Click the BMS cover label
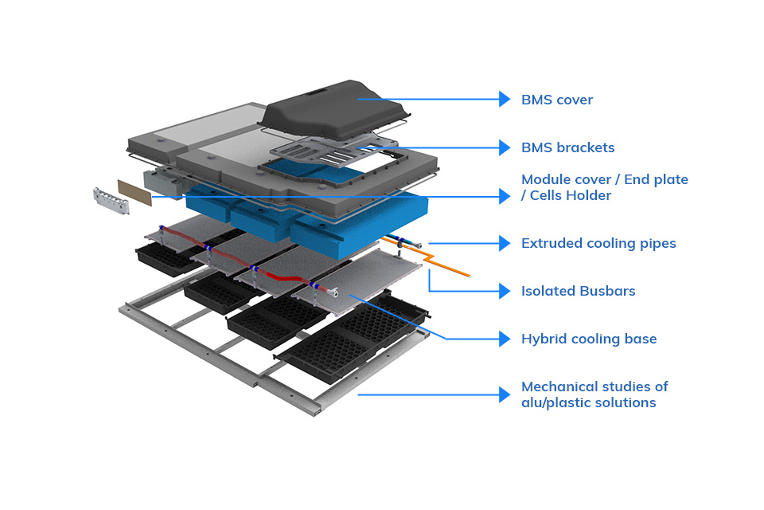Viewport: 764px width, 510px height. coord(557,100)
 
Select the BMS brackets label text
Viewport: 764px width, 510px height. coord(567,147)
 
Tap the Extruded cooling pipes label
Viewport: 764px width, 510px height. coord(598,243)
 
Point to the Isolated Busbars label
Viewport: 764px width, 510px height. coord(578,291)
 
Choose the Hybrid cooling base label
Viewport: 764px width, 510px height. coord(589,339)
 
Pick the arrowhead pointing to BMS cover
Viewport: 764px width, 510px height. coord(505,99)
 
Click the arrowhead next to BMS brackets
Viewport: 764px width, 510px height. coord(505,147)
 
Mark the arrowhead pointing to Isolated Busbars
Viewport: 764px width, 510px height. coord(505,291)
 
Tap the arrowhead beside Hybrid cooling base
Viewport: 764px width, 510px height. coord(505,339)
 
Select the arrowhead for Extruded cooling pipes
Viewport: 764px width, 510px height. coord(505,243)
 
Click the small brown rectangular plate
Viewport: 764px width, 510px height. coord(134,192)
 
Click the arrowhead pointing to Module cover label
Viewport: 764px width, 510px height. coord(505,195)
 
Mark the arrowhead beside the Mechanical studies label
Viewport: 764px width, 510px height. coord(505,394)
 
